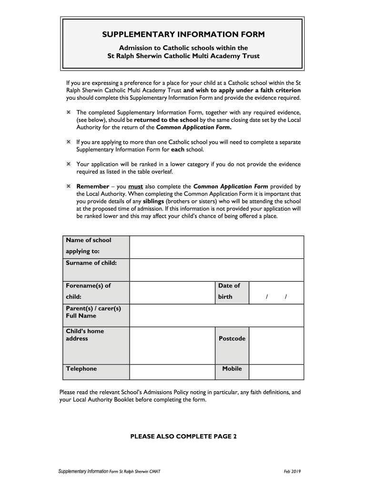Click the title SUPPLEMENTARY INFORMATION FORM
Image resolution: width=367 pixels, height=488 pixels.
point(183,35)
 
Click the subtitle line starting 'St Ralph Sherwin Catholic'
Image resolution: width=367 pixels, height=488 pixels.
point(183,56)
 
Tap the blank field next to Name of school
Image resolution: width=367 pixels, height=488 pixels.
point(216,247)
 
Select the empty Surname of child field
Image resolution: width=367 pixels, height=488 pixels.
point(216,270)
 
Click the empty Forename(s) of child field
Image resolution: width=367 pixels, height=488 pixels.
point(172,292)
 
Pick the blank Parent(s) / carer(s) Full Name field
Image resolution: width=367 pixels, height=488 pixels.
point(216,315)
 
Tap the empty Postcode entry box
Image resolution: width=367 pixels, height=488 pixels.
point(276,346)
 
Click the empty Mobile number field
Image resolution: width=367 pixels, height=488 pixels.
point(276,372)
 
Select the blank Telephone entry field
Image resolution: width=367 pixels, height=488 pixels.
point(172,372)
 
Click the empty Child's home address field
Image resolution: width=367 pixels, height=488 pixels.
point(172,346)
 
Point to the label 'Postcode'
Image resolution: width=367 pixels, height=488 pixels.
point(232,339)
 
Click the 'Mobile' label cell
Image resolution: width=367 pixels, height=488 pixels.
point(232,369)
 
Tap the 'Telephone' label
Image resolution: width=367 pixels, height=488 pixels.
point(81,369)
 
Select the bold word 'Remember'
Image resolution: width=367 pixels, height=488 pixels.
point(93,186)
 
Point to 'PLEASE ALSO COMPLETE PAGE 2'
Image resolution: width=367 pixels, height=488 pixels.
point(183,436)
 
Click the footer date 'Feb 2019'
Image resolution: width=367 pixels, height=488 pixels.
point(292,472)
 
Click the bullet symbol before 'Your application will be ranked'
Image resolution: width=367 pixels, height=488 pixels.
point(69,164)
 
